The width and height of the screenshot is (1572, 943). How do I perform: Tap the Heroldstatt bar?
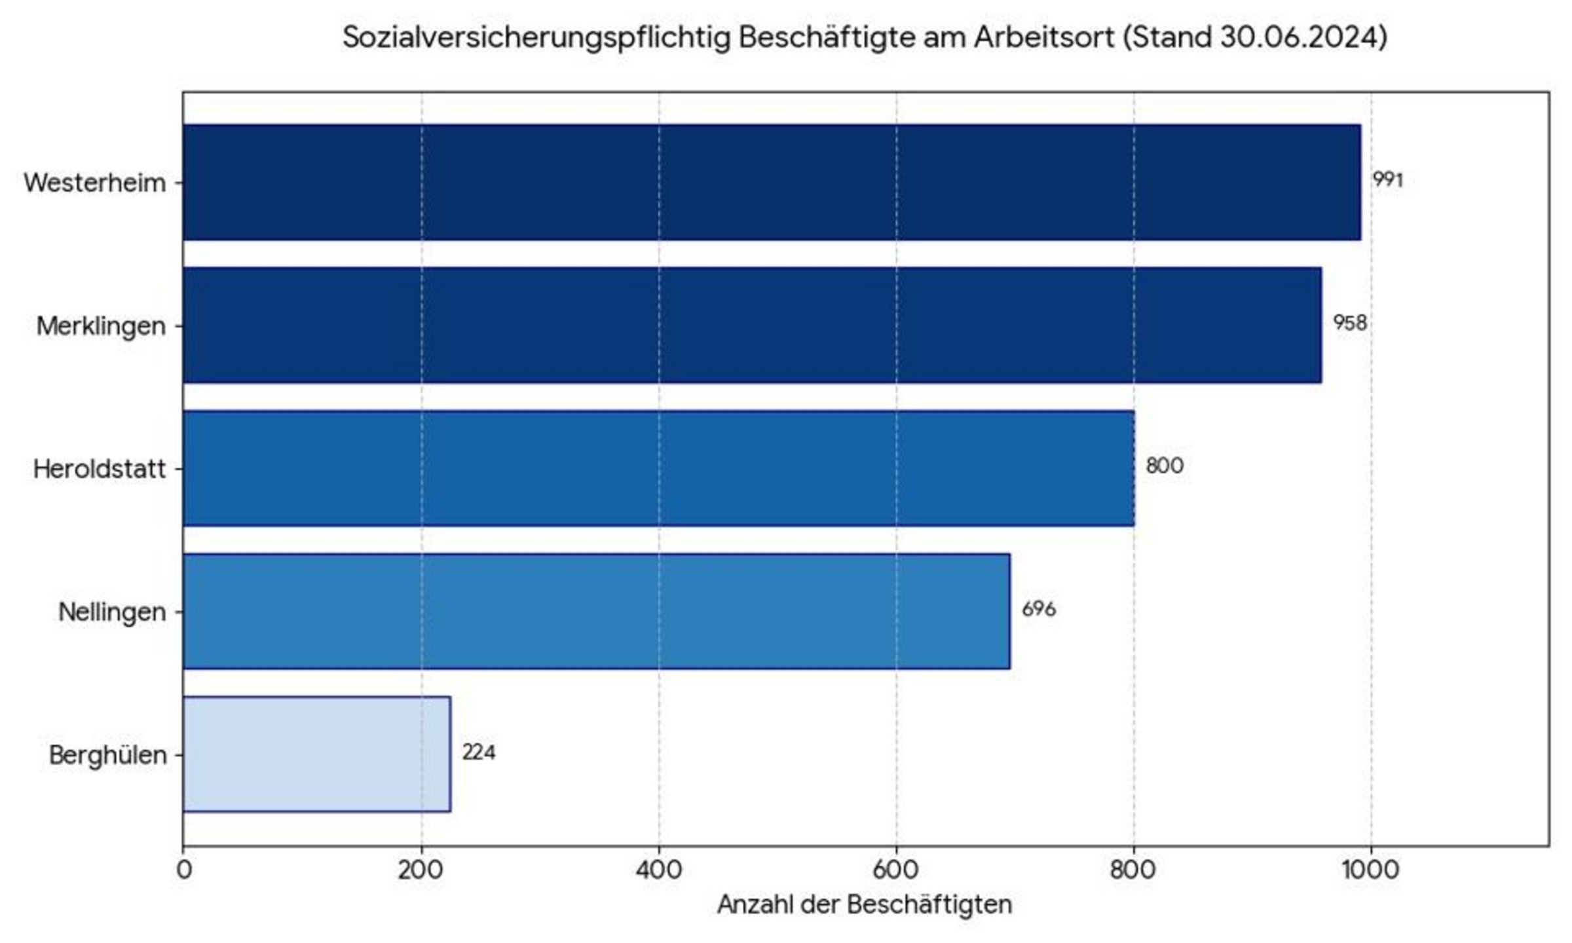click(658, 468)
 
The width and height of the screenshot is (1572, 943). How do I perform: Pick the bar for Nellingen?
click(596, 611)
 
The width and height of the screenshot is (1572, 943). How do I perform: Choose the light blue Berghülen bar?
click(316, 754)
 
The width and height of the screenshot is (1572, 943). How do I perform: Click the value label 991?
click(1387, 179)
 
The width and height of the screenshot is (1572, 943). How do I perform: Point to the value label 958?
click(1350, 323)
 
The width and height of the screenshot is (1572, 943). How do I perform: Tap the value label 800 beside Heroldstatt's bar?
click(1164, 466)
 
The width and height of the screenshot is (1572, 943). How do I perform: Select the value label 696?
click(1038, 609)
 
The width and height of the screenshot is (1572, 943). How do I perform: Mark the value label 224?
click(478, 752)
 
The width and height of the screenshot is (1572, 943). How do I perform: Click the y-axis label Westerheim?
click(95, 183)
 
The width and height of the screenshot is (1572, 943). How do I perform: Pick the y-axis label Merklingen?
click(101, 325)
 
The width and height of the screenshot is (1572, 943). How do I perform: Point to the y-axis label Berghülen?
click(107, 755)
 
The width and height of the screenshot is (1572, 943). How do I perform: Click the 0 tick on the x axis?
click(184, 870)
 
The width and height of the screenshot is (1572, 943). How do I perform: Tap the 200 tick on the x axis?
click(421, 870)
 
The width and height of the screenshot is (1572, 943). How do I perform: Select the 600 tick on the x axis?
click(896, 870)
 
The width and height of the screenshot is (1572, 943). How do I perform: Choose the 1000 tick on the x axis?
click(1370, 870)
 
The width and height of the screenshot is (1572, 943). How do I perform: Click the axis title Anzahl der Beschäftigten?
click(865, 904)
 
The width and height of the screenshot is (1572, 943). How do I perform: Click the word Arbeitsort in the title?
click(1043, 37)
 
